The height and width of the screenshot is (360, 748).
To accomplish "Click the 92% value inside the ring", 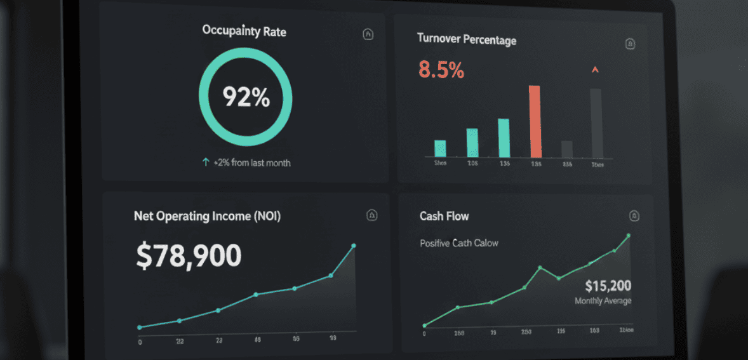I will click(246, 97).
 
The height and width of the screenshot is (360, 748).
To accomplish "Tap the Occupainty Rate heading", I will click(244, 30).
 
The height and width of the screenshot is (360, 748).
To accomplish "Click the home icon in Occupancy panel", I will click(368, 34).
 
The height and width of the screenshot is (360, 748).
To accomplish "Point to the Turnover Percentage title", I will click(467, 39).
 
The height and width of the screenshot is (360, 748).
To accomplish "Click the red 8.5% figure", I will click(441, 70).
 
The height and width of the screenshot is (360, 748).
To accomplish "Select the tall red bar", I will click(535, 121).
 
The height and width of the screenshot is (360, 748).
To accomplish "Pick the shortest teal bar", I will click(440, 149).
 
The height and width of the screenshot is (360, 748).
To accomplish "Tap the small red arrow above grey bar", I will click(595, 70).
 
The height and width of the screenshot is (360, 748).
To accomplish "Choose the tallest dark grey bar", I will click(596, 123).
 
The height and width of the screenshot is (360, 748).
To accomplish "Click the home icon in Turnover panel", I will click(630, 44).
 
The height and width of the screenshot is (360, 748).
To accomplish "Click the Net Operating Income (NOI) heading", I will click(207, 217).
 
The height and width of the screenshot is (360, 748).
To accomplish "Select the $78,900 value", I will click(189, 255).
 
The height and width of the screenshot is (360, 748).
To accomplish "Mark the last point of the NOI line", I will click(354, 246).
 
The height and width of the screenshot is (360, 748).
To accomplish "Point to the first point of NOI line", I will click(140, 328).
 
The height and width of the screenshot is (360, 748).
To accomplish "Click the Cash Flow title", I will click(444, 217).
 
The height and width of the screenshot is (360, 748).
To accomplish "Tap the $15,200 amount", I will click(608, 286).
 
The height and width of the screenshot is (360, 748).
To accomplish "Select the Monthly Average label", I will click(603, 301).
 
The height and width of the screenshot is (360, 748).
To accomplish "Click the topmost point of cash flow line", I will click(629, 236).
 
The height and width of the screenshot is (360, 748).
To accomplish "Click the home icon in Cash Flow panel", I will click(633, 216).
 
